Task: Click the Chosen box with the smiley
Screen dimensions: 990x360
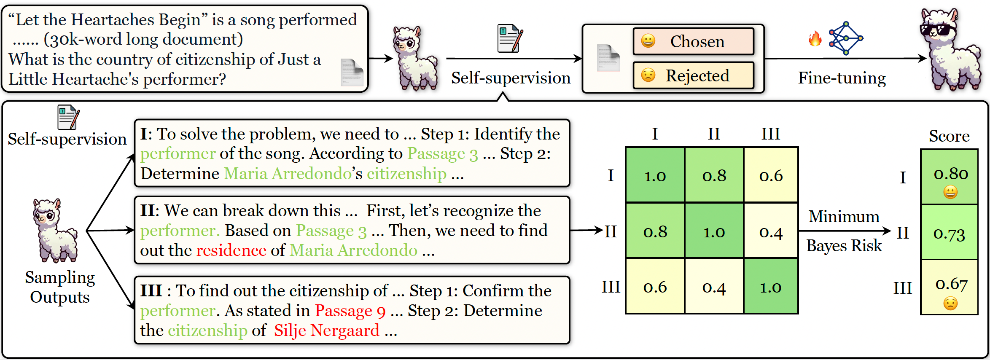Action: (x=694, y=41)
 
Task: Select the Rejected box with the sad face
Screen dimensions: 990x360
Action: (x=694, y=75)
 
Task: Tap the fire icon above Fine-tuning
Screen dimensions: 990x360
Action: (x=815, y=39)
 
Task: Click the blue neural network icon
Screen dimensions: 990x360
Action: (x=846, y=38)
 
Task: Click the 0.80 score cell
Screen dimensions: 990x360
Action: (x=949, y=177)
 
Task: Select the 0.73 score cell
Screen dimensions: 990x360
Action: (x=949, y=232)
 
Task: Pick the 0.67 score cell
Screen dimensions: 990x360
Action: (x=949, y=287)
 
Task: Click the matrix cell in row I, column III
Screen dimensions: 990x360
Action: (x=771, y=175)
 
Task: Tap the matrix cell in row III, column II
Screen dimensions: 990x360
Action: (x=714, y=286)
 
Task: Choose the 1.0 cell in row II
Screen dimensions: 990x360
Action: (x=714, y=231)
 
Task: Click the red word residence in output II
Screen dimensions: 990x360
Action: (x=231, y=250)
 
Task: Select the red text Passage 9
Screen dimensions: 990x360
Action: (x=350, y=311)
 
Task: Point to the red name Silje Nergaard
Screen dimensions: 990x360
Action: (x=327, y=330)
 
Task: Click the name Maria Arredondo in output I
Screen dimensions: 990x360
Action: (x=288, y=174)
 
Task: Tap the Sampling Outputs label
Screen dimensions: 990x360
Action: (x=60, y=287)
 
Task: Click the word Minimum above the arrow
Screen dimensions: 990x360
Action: (x=844, y=216)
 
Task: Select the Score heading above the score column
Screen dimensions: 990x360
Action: (x=949, y=136)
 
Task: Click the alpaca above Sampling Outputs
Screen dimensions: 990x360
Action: (x=55, y=231)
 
